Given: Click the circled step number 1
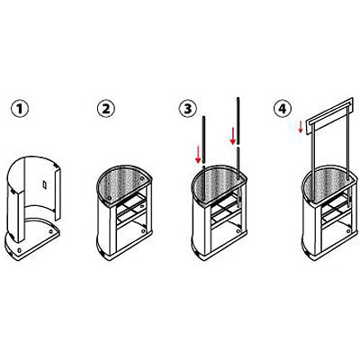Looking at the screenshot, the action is click(20, 108).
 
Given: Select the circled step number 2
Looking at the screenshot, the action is click(106, 108).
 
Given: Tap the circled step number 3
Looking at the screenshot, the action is click(188, 108).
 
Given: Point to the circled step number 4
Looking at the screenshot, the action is click(283, 108).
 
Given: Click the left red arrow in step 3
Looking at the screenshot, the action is click(198, 154).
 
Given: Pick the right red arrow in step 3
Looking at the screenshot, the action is click(233, 136).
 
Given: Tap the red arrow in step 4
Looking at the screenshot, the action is click(301, 127).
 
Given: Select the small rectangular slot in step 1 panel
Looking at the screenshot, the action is click(45, 184).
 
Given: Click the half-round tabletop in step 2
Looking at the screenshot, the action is click(123, 183).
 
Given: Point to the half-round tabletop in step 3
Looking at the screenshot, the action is click(219, 183).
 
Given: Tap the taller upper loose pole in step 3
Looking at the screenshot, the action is click(238, 121).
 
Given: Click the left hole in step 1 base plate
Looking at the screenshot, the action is click(20, 249).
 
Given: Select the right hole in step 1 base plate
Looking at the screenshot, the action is click(50, 231).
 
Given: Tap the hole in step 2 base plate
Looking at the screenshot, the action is click(143, 231).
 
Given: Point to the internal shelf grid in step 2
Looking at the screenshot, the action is click(131, 210).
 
